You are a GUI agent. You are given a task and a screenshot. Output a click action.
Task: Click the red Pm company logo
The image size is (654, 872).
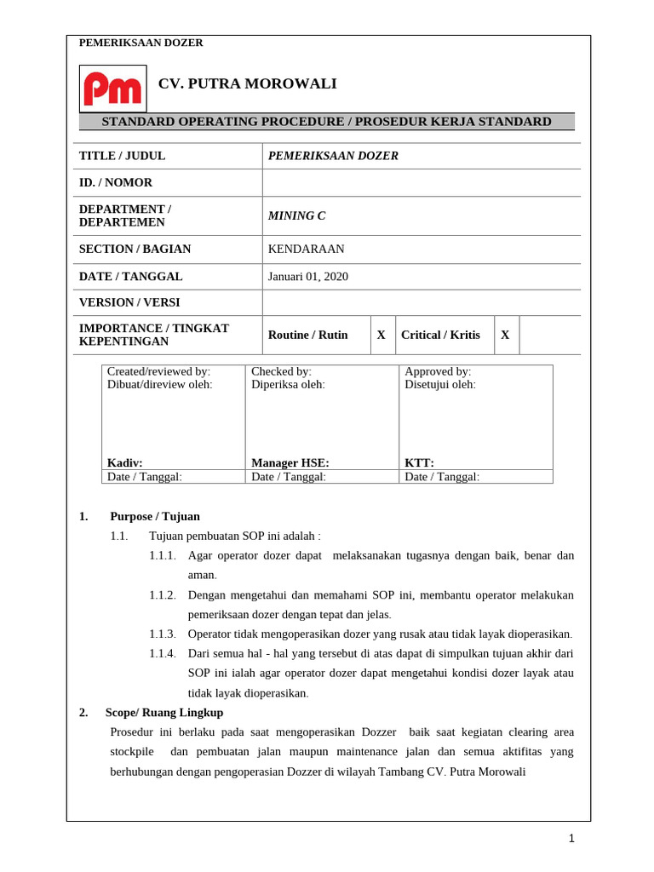[x=112, y=89]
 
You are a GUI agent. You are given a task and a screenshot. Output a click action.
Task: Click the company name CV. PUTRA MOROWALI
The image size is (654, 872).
[x=248, y=83]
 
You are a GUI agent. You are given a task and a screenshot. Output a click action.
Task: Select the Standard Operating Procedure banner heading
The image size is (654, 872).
[x=326, y=122]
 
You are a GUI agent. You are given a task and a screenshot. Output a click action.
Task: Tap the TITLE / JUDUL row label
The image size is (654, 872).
[x=122, y=156]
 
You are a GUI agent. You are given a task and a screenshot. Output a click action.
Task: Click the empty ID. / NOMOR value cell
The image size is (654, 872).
[x=421, y=182]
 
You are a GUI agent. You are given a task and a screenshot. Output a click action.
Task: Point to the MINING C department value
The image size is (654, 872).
[x=297, y=215]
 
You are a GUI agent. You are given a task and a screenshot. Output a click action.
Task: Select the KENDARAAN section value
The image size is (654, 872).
[x=307, y=249]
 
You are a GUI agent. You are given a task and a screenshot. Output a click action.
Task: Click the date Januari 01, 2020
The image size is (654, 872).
[x=307, y=277]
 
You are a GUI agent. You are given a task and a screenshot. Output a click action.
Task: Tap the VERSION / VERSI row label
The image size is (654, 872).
[x=129, y=302]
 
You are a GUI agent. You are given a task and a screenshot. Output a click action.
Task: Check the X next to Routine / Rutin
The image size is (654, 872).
[x=381, y=335]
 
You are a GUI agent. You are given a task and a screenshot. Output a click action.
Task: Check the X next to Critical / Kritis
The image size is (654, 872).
[x=505, y=335]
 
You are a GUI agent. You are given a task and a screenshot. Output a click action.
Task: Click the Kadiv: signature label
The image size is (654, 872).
[x=125, y=462]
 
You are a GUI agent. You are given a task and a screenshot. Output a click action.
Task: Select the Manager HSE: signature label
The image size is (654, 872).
[x=290, y=462]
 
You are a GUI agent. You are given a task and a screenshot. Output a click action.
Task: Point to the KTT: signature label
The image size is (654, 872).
[x=419, y=462]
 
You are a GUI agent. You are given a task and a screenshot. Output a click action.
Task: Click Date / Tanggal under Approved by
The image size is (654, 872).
[x=442, y=477]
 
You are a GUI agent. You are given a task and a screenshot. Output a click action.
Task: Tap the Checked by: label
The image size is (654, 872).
[x=281, y=371]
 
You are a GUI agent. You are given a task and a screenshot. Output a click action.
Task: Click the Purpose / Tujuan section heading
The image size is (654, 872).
[x=155, y=516]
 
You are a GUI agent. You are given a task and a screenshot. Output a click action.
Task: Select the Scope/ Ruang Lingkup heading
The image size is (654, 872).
[x=164, y=712]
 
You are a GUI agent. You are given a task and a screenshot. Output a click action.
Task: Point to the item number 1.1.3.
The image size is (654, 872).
[x=162, y=634]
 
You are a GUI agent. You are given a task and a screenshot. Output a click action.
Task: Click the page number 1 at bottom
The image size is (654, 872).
[x=571, y=839]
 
